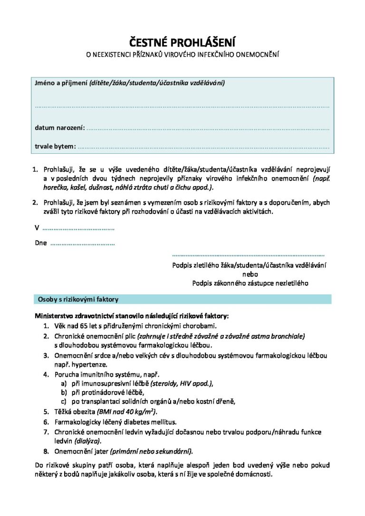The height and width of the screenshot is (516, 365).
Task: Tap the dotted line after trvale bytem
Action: click(x=203, y=147)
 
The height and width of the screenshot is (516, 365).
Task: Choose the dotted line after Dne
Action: click(x=82, y=244)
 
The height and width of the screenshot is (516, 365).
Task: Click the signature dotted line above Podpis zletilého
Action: click(x=248, y=255)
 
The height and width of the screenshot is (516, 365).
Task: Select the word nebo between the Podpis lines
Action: click(x=250, y=274)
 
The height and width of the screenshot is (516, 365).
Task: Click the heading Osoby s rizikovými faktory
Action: click(x=78, y=300)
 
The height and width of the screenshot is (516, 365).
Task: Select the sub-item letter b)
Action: click(x=63, y=392)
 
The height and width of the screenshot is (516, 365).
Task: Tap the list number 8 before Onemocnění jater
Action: click(x=46, y=451)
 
